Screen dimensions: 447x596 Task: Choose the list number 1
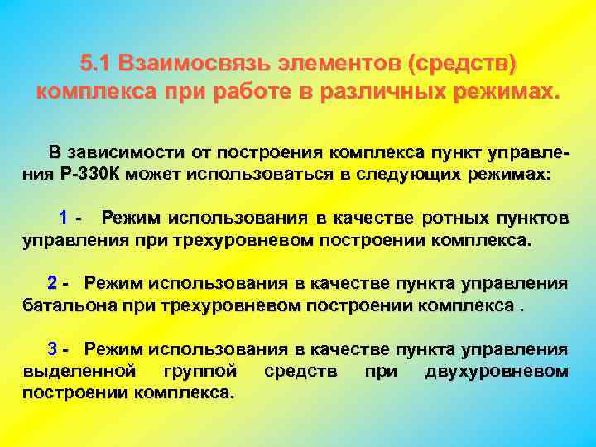pyautogui.click(x=63, y=219)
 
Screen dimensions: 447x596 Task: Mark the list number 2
pyautogui.click(x=53, y=283)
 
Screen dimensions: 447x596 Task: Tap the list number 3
pyautogui.click(x=53, y=348)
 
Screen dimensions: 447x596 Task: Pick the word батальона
pyautogui.click(x=66, y=305)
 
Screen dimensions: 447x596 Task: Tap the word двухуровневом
pyautogui.click(x=496, y=370)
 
